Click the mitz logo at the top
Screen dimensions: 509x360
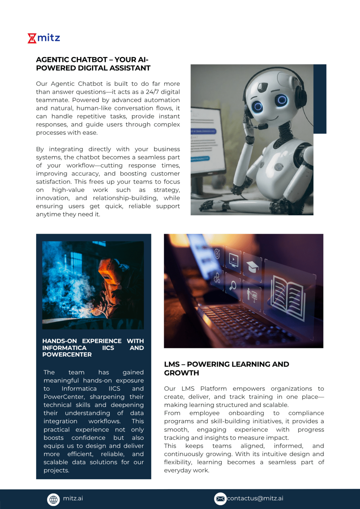point(44,38)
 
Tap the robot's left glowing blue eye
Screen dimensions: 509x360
point(257,106)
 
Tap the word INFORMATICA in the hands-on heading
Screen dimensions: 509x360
point(64,348)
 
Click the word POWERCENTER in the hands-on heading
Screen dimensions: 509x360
point(67,355)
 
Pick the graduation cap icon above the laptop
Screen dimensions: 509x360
point(253,266)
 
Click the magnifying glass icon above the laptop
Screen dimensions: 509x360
point(233,285)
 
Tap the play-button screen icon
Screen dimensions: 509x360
point(234,259)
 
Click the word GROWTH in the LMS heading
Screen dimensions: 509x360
point(182,373)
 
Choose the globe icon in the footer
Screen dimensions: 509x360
point(53,499)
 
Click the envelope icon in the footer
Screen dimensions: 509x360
point(220,499)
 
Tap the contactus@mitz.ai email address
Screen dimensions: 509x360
point(255,498)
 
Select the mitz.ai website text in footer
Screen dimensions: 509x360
point(73,498)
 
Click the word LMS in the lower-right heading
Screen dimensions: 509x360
point(172,365)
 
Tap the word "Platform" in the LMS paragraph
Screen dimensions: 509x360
point(213,389)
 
